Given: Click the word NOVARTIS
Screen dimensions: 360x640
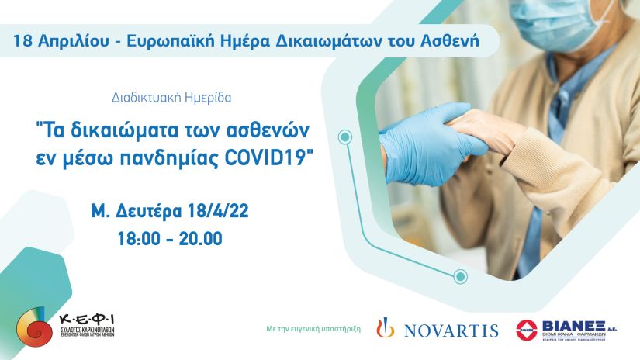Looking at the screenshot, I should (x=451, y=331).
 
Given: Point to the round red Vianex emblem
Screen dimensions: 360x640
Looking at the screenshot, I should (x=530, y=330).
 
